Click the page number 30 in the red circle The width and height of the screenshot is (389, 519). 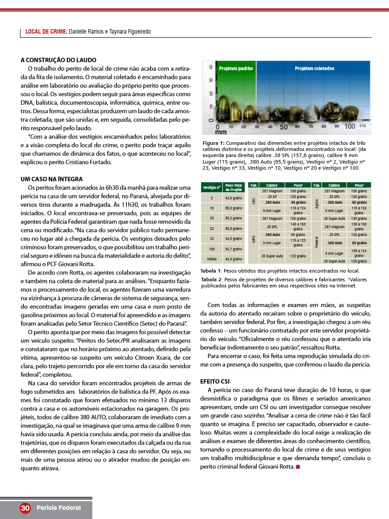tap(25, 508)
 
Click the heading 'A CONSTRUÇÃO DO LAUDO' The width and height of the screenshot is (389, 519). tap(58, 60)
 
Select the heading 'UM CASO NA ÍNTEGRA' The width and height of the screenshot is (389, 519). tap(52, 179)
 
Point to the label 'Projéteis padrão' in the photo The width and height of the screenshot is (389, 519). tap(236, 68)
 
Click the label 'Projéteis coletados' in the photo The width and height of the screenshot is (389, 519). tap(314, 68)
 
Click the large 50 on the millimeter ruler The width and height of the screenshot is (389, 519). tap(283, 127)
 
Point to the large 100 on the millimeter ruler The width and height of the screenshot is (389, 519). tap(350, 126)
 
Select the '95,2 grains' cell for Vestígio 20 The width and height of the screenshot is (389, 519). tap(234, 218)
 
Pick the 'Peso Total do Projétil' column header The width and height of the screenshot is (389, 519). tap(234, 188)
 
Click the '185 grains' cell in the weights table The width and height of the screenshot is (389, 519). tap(298, 219)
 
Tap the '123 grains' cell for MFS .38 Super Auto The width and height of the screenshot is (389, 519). tap(298, 256)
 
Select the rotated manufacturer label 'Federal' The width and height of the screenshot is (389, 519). tap(316, 240)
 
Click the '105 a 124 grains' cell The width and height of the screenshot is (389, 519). tap(359, 253)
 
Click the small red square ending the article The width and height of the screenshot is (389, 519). tap(298, 467)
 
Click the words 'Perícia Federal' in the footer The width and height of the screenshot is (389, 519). tap(59, 508)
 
